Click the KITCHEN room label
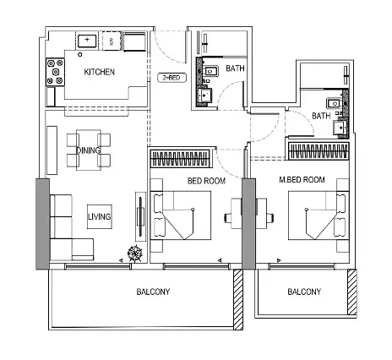pos(99,72)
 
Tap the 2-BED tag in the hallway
pos(171,78)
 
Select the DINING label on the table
pos(89,150)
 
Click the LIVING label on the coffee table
pos(100,216)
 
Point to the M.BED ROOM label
pos(302,179)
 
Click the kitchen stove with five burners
pos(55,72)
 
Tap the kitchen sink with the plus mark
pos(87,41)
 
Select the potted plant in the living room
pos(135,254)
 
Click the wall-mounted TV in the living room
pos(140,216)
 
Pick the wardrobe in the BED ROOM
pos(181,158)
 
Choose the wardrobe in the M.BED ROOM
pos(318,150)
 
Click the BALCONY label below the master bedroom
pos(304,292)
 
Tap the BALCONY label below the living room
pos(153,292)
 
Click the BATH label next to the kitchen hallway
pos(235,68)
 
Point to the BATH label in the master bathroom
pos(321,116)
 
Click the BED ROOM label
pos(206,181)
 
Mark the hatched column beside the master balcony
pos(352,292)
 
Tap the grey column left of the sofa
pos(42,224)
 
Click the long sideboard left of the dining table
pos(52,150)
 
